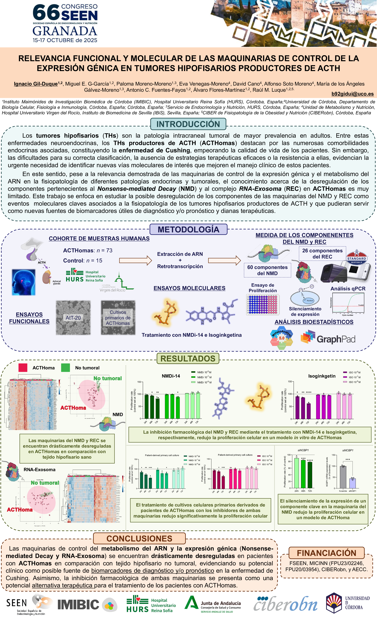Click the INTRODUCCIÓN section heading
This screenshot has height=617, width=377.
pos(188,124)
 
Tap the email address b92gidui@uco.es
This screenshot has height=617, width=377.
pos(352,94)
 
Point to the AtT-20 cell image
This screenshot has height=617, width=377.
pos(73,318)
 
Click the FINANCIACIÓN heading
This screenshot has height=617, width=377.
pos(326,553)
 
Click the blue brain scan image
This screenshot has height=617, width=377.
pos(24,282)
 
